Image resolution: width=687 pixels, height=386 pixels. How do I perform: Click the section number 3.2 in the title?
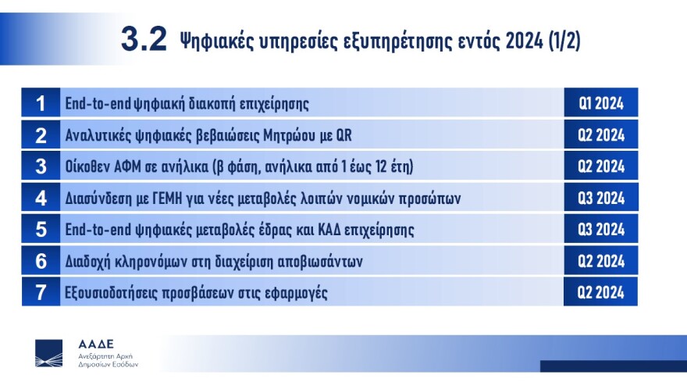click(144, 39)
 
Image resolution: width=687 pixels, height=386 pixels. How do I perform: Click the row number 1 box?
click(41, 103)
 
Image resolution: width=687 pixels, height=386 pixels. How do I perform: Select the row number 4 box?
click(41, 198)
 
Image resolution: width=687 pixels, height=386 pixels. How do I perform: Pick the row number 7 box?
click(41, 292)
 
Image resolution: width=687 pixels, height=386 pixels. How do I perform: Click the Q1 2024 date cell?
click(601, 103)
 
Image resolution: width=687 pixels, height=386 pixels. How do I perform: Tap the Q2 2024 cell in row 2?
click(601, 134)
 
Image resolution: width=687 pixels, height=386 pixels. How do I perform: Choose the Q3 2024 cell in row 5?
click(601, 230)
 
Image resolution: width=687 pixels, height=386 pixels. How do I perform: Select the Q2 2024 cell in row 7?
click(601, 292)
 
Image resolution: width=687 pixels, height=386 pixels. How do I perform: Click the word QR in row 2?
click(343, 135)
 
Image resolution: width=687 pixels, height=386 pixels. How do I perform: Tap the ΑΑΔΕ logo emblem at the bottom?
click(49, 353)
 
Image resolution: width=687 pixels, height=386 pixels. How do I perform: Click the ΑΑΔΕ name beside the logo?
click(96, 344)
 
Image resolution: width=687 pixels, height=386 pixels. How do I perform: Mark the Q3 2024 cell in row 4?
click(601, 198)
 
